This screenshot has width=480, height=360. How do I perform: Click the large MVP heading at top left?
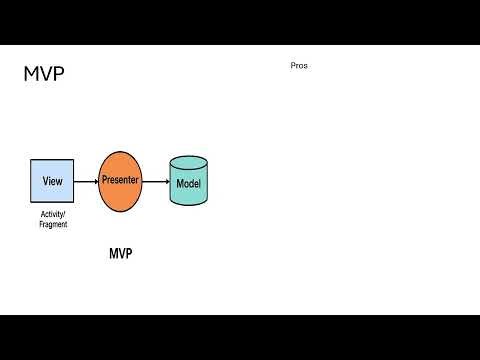point(44,74)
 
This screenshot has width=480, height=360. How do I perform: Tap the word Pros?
point(299,65)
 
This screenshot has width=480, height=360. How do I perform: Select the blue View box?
point(53,181)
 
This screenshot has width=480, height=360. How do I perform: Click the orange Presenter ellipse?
point(120,181)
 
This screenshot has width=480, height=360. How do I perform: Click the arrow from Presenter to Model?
point(155,181)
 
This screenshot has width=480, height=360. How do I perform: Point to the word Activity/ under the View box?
point(53,214)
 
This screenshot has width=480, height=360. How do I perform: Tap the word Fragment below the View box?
point(53,224)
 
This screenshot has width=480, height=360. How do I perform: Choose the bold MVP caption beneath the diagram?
point(120,254)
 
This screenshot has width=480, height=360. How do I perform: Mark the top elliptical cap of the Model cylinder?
point(189,162)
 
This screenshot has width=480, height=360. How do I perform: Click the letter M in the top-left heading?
point(31,74)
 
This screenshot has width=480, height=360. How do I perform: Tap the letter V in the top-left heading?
point(45,74)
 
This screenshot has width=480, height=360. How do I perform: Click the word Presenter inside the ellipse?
point(120,181)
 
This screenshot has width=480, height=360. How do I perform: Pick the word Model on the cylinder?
point(189,185)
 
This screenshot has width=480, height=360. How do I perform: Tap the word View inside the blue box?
point(53,181)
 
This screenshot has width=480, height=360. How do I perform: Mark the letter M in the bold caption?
point(113,254)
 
